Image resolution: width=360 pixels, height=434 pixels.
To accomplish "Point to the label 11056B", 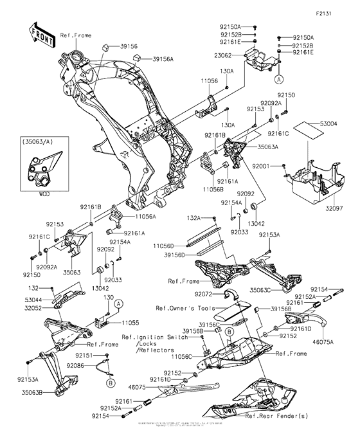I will click(x=215, y=191).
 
